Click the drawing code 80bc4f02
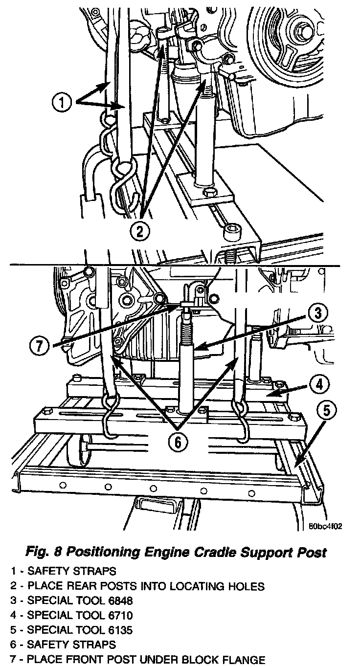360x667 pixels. coord(325,526)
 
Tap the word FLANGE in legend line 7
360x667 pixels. coord(244,660)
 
